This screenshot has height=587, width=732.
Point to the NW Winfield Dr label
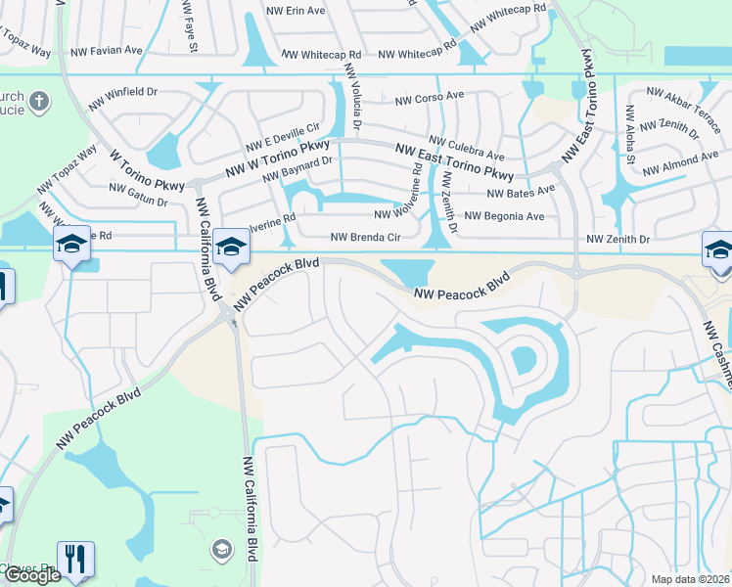tap(122, 93)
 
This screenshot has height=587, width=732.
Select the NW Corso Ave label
tap(429, 98)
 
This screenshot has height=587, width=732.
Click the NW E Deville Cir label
tap(285, 135)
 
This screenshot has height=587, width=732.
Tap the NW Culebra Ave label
tap(468, 149)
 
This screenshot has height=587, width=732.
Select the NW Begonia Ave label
tap(503, 215)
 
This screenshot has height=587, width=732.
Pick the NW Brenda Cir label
tap(366, 237)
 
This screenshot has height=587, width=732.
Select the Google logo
tap(32, 575)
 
